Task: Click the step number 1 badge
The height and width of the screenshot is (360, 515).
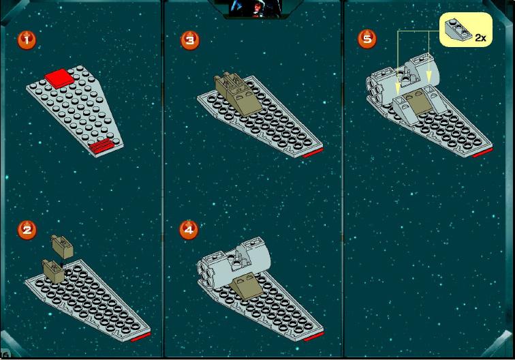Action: [27, 40]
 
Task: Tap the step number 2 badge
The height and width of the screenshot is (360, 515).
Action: [27, 230]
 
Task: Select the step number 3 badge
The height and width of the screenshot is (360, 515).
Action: [190, 40]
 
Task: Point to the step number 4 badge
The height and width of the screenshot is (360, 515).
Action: [189, 230]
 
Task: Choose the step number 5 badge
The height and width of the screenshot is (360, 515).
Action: [367, 39]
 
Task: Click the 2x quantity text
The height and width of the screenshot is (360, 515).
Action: [480, 38]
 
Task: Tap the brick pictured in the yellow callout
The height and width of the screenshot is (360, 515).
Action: [458, 29]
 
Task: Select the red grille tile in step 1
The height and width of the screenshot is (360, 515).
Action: [102, 145]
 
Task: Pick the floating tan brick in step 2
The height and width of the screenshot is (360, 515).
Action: [62, 247]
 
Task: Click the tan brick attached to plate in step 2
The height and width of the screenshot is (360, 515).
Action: [54, 271]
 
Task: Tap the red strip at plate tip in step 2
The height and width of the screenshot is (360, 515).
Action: [141, 337]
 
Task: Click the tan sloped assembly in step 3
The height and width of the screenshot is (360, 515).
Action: [237, 93]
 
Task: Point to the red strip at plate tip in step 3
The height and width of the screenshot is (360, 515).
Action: [313, 153]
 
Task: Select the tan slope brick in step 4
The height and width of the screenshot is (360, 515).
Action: [247, 286]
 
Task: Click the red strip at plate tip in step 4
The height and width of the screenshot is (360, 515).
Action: [313, 336]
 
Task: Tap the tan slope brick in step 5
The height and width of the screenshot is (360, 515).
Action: [417, 103]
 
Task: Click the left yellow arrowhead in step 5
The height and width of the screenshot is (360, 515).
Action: [398, 88]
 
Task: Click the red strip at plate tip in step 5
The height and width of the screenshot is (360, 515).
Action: [482, 153]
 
